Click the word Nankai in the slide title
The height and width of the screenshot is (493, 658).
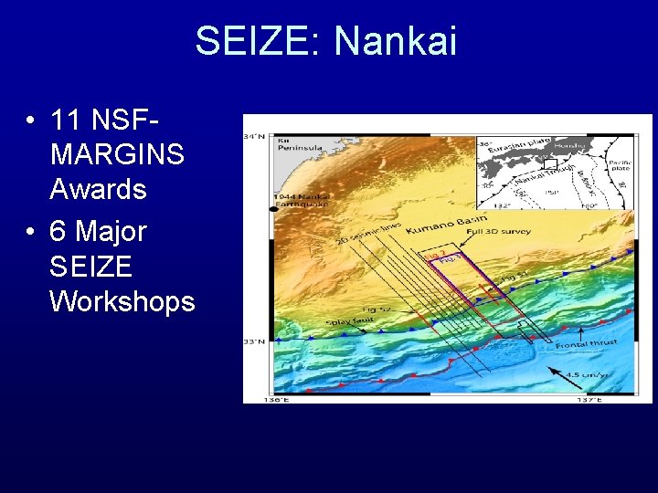[x=395, y=41]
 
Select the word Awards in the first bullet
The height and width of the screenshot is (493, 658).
[x=98, y=189]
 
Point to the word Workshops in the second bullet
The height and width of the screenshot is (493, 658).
[x=122, y=300]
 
